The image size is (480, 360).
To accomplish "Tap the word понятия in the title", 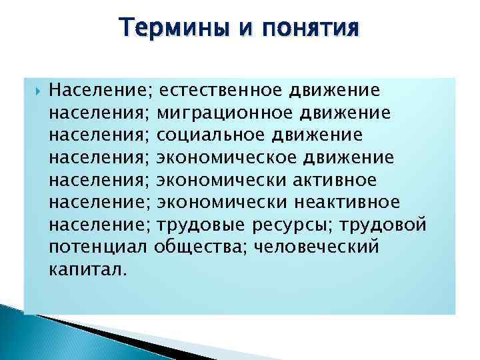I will (x=314, y=29).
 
